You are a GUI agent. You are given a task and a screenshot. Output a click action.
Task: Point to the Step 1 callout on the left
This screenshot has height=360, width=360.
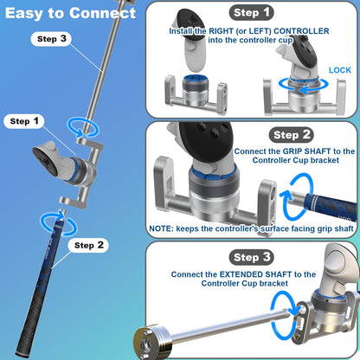pos(25,121)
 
